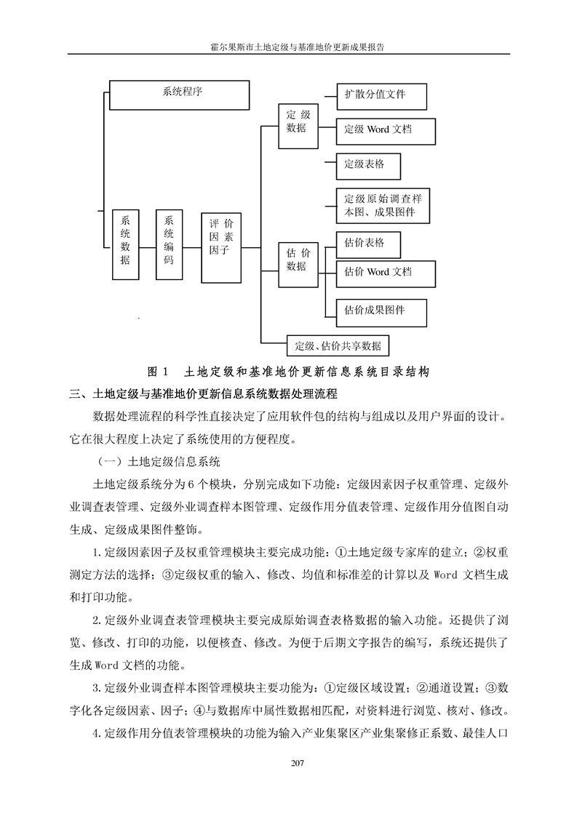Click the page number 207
point(298,764)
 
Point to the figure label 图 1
point(158,372)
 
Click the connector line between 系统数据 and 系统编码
point(148,248)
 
